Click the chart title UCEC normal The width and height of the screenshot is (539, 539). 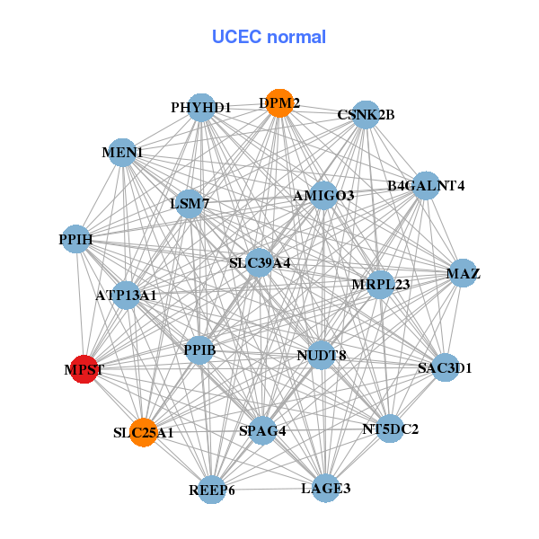(269, 37)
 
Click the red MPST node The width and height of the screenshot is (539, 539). (84, 369)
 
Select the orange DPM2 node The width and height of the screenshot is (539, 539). (279, 103)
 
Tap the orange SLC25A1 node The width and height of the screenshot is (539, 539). (142, 432)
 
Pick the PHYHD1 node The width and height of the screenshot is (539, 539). (202, 107)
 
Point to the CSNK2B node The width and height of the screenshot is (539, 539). (365, 114)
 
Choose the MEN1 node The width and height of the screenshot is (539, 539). (124, 153)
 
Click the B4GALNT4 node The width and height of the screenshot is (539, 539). (425, 186)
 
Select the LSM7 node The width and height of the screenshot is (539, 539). (190, 204)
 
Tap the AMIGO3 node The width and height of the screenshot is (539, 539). (323, 195)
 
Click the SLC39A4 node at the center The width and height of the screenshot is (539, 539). (260, 263)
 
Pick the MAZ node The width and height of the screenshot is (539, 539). (462, 273)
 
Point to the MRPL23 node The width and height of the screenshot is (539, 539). (380, 285)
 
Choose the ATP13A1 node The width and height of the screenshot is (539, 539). (126, 294)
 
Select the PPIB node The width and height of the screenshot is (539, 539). (199, 348)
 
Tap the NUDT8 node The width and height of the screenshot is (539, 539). (321, 355)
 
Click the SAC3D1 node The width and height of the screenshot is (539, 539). (445, 367)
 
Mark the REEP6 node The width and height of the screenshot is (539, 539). (212, 490)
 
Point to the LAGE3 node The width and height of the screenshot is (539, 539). (325, 489)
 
